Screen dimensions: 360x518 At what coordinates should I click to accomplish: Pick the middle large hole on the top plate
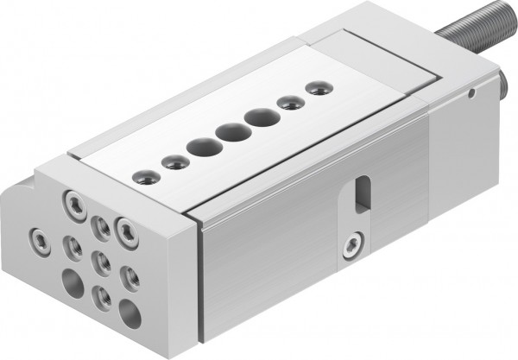click(228, 133)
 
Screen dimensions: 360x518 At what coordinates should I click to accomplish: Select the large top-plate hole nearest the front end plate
click(200, 148)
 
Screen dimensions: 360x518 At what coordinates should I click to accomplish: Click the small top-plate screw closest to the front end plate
click(142, 180)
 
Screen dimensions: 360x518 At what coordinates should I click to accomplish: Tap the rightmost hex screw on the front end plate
click(128, 229)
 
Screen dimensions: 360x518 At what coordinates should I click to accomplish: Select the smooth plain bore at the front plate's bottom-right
click(129, 313)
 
